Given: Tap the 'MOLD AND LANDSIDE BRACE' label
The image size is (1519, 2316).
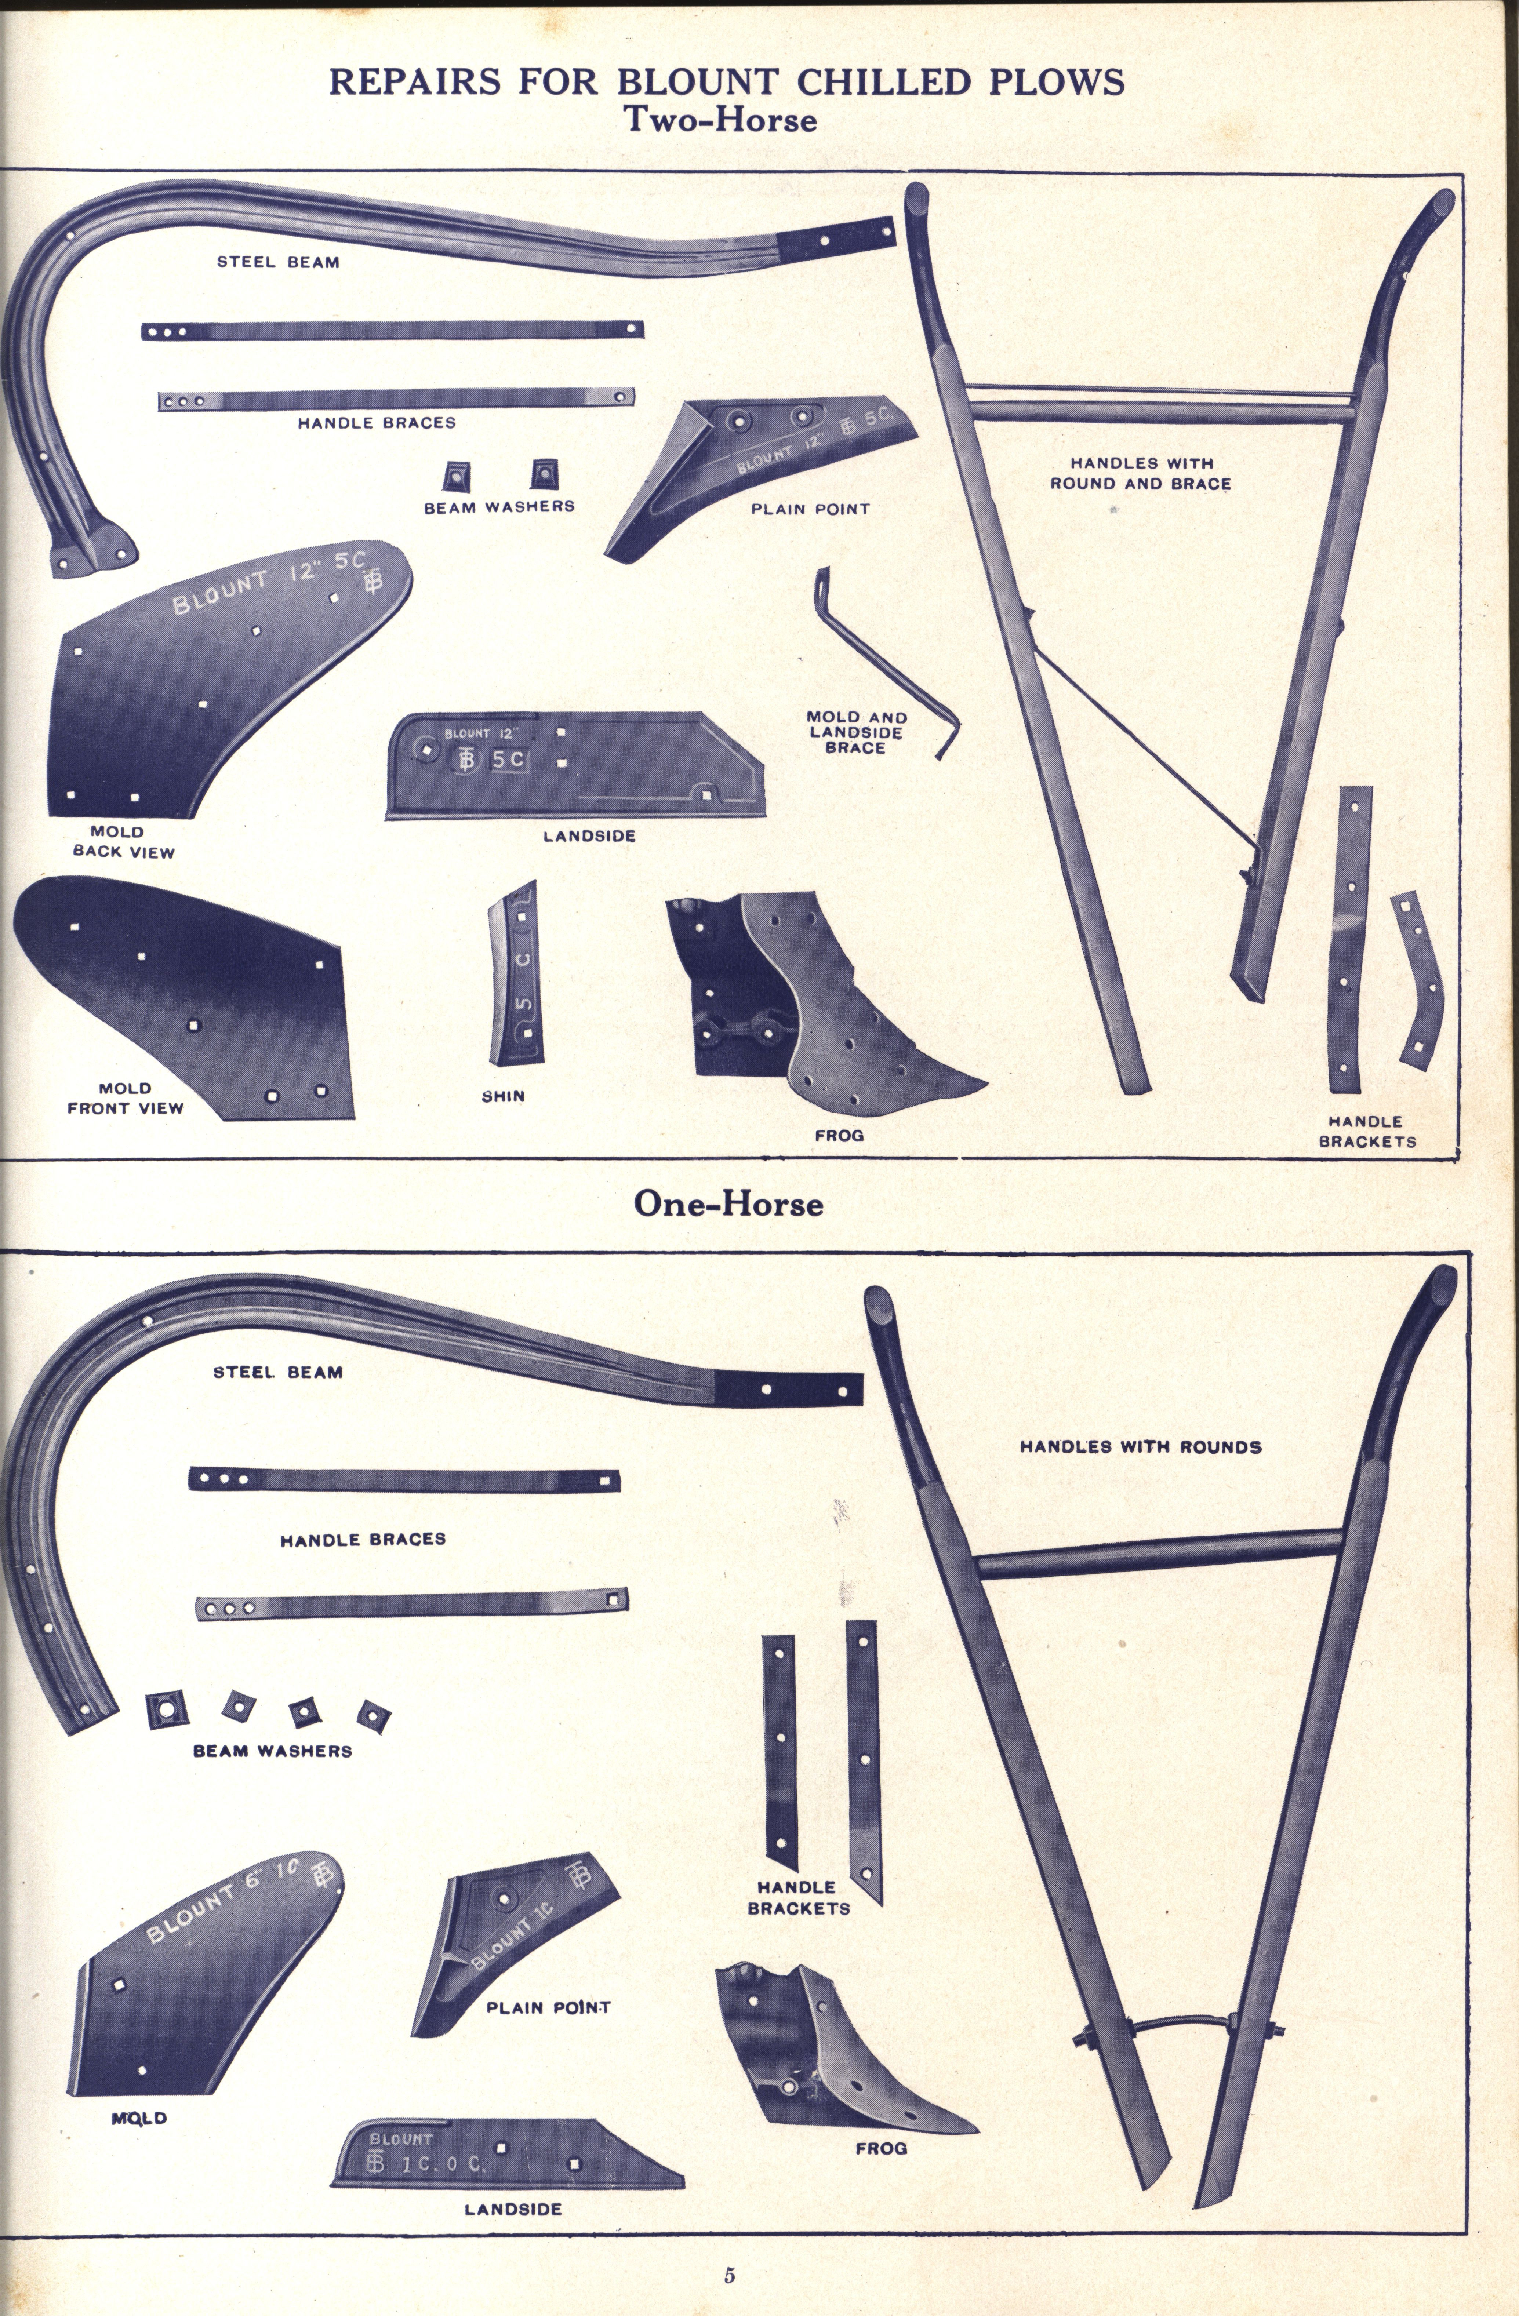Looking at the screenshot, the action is point(856,732).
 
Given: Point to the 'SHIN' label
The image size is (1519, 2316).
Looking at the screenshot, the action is point(503,1096).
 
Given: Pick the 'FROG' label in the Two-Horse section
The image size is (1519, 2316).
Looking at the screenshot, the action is point(839,1135).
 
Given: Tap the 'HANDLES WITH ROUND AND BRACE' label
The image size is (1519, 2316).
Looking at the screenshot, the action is point(1141,473).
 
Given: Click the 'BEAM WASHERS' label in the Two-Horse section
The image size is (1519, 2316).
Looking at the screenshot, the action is point(499,506).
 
